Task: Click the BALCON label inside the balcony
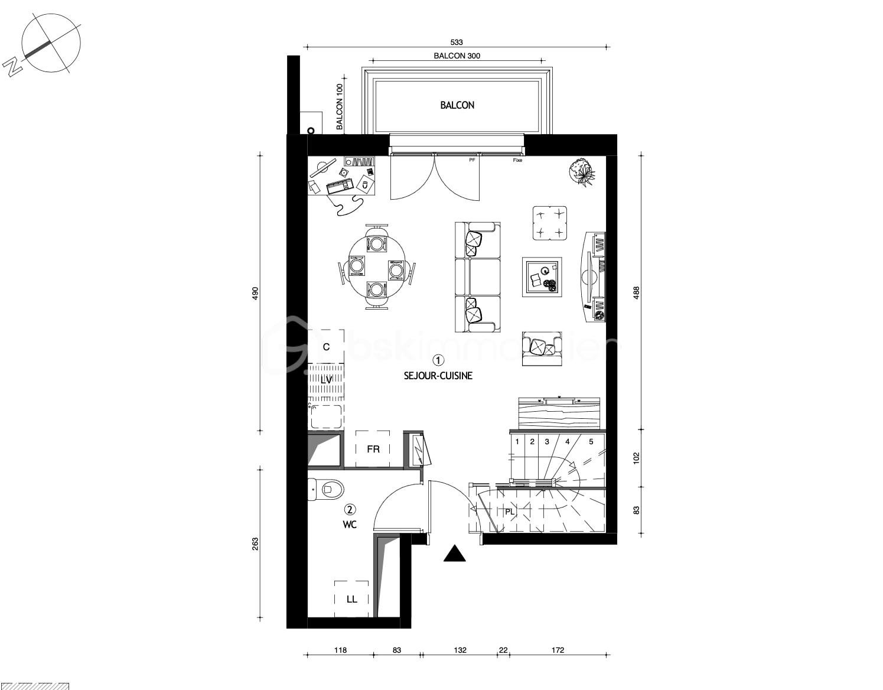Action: (x=457, y=105)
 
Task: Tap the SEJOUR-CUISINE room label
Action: (x=438, y=376)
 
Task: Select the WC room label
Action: (x=350, y=525)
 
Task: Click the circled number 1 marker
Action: (x=438, y=360)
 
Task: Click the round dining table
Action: (x=377, y=266)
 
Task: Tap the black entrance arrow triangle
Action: (x=454, y=554)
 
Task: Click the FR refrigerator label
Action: (x=373, y=450)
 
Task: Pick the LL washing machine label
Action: (x=352, y=599)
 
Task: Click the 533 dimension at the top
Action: (x=457, y=42)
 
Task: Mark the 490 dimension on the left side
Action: (x=256, y=293)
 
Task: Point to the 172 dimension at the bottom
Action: (x=558, y=650)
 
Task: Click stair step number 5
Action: (x=591, y=441)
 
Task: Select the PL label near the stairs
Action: (x=509, y=512)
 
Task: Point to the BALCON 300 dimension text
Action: (x=457, y=56)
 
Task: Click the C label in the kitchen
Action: (x=326, y=347)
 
